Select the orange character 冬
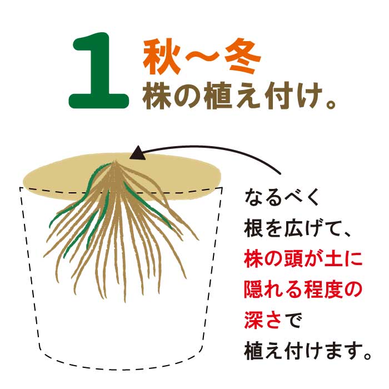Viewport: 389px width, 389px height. coord(240,58)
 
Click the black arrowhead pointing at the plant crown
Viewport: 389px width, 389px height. coord(138,152)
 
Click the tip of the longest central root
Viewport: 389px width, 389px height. coord(126,301)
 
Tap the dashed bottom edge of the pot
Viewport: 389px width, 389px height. coord(122,366)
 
